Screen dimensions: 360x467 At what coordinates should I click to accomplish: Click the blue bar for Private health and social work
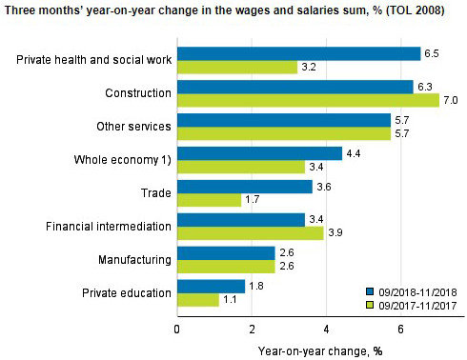[298, 53]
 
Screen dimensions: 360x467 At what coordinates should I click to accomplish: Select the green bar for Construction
[308, 100]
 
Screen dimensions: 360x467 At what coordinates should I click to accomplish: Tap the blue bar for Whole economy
[259, 153]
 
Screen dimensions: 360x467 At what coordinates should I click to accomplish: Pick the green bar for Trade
[209, 200]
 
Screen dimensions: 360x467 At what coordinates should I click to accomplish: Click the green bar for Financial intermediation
[250, 233]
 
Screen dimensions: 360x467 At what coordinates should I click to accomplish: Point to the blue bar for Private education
[211, 286]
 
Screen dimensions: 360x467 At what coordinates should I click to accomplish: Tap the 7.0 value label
[451, 100]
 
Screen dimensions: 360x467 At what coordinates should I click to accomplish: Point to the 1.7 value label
[254, 200]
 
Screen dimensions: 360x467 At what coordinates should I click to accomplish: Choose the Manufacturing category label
[134, 260]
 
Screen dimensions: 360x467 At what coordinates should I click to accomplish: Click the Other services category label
[133, 127]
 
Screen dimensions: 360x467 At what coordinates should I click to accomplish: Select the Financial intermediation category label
[109, 227]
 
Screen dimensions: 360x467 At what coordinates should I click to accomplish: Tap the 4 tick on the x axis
[326, 329]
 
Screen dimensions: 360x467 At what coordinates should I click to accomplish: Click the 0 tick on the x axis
[177, 329]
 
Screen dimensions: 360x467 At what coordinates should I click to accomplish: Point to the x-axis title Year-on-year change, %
[311, 350]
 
